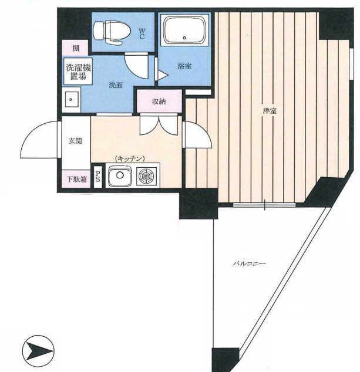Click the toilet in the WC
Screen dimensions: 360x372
(112, 32)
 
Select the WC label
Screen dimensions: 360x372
(142, 33)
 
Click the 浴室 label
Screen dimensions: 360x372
(184, 66)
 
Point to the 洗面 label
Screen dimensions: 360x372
(116, 85)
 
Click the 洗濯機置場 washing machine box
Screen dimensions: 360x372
(78, 72)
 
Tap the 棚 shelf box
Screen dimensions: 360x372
(75, 48)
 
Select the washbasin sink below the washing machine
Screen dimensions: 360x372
(71, 100)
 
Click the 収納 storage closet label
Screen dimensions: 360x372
(159, 102)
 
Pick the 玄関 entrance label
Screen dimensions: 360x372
(75, 141)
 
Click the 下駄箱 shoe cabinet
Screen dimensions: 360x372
(76, 179)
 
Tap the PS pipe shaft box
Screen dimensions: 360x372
(97, 177)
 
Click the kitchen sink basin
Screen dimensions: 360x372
(120, 176)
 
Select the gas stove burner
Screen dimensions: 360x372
(147, 177)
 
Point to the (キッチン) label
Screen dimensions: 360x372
(130, 158)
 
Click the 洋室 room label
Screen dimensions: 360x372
(270, 111)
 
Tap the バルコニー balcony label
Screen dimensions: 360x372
(249, 263)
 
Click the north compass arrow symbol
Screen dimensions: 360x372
(38, 351)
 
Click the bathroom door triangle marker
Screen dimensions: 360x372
(163, 75)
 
